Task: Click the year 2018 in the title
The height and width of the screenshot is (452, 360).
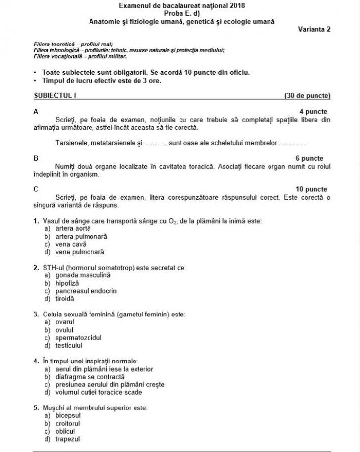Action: click(x=238, y=5)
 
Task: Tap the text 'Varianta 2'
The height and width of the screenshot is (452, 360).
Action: click(x=314, y=29)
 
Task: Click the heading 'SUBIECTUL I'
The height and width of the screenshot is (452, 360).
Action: click(x=54, y=95)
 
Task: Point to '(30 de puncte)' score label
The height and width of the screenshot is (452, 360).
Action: click(x=308, y=95)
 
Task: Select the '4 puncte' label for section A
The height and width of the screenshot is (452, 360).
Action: click(x=313, y=112)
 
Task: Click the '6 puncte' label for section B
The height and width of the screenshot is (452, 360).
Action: click(x=310, y=158)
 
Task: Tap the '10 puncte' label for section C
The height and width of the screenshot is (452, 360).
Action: click(x=311, y=189)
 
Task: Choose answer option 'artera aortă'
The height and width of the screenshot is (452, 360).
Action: click(x=69, y=228)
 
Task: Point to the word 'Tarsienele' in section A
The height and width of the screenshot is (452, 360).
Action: click(x=71, y=143)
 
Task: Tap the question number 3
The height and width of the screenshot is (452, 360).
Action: click(x=36, y=314)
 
